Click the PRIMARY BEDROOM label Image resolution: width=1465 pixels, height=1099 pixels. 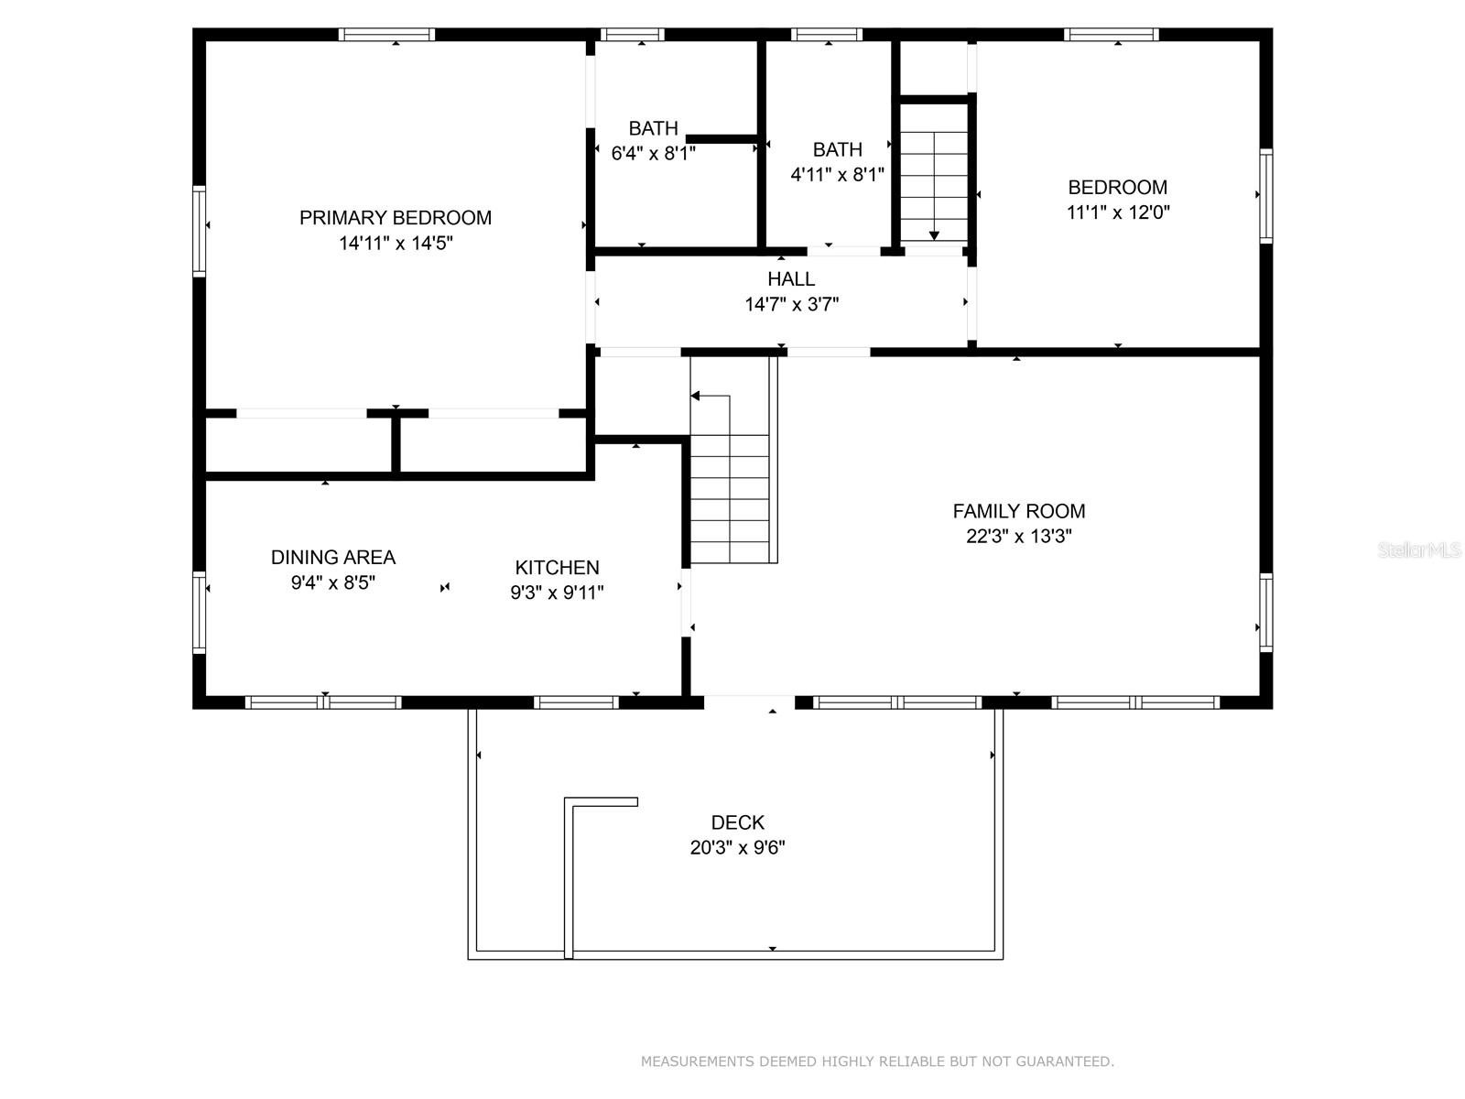396,218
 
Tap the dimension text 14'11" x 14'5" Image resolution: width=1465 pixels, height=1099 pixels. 396,243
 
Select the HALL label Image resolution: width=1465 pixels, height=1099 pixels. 791,279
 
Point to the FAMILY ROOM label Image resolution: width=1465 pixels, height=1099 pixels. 1018,511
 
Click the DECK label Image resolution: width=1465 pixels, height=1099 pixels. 737,822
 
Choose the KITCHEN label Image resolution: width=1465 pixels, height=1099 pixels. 557,567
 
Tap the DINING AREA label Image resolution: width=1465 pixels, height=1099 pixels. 333,557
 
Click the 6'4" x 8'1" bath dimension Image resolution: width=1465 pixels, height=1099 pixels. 654,154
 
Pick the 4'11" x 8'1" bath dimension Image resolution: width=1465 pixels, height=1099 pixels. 837,175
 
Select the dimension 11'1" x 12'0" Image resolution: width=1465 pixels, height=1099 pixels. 1118,212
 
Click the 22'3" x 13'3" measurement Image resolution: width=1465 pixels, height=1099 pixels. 1018,536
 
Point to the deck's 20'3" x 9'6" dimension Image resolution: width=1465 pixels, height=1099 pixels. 737,847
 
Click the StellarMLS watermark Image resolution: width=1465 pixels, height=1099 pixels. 1419,549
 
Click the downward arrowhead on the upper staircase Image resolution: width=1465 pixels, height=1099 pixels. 935,235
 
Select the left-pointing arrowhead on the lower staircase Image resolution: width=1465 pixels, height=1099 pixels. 695,396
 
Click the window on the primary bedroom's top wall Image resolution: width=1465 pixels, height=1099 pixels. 386,35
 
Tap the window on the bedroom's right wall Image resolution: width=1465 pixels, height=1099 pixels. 1266,195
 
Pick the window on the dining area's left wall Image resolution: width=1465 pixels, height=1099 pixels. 199,612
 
